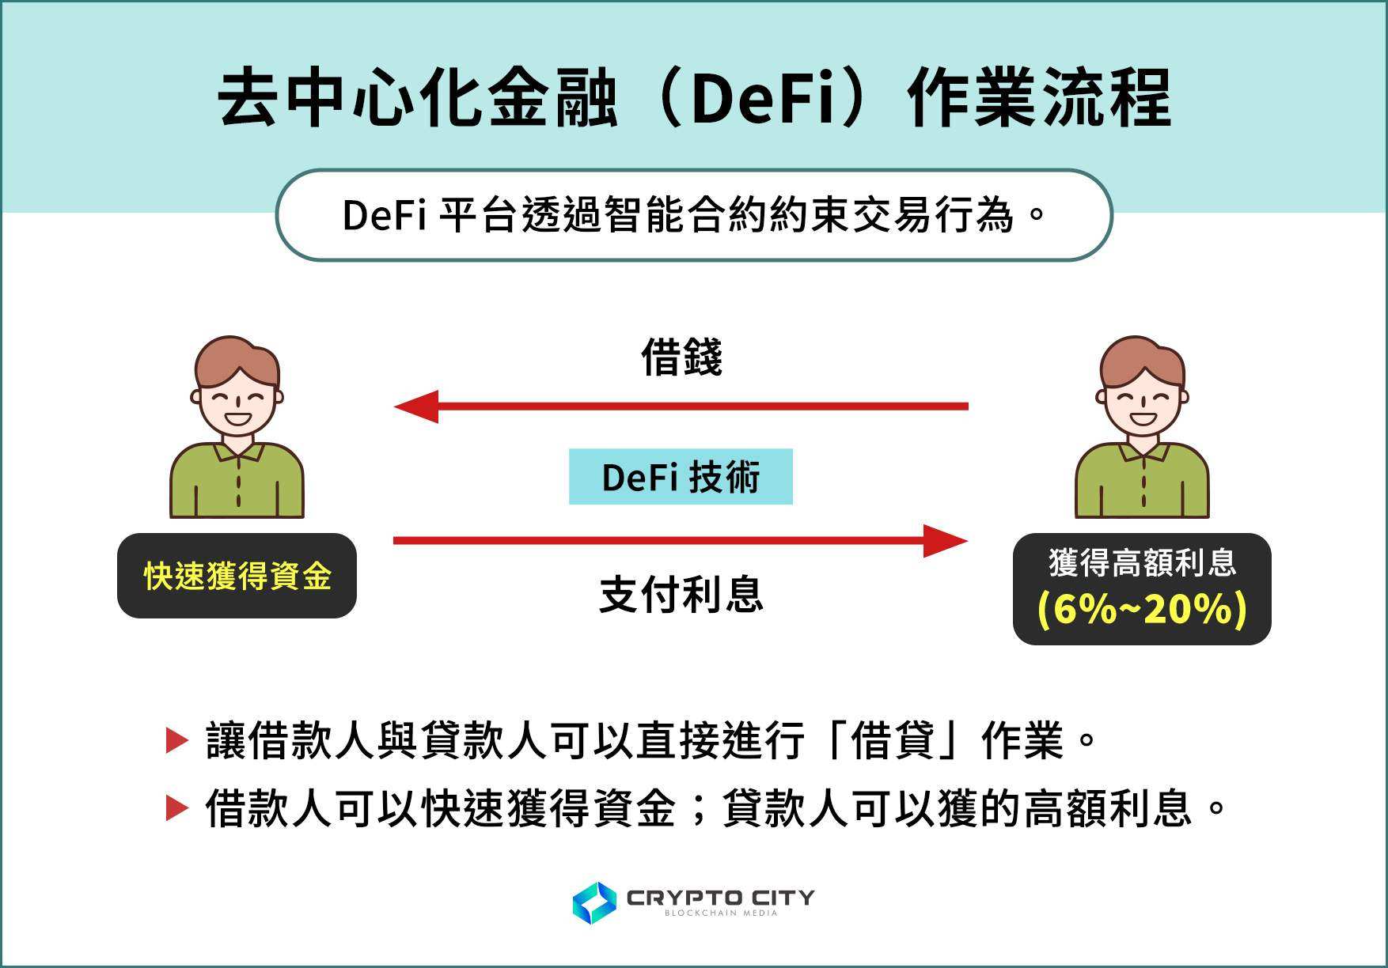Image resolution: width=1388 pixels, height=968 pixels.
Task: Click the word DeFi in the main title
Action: pyautogui.click(x=763, y=100)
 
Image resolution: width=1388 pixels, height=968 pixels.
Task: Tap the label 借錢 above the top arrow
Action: pyautogui.click(x=681, y=357)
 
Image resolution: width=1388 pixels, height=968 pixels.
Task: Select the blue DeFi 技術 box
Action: pyautogui.click(x=681, y=477)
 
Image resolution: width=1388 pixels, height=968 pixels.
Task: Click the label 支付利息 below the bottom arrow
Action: pyautogui.click(x=681, y=595)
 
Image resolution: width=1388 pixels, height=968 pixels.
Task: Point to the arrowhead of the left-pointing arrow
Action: pyautogui.click(x=416, y=406)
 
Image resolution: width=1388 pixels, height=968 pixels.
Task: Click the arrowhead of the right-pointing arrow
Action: pyautogui.click(x=946, y=541)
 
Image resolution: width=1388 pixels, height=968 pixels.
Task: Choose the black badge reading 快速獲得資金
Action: pyautogui.click(x=237, y=576)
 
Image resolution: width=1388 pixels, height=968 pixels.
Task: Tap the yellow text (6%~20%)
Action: pyautogui.click(x=1142, y=610)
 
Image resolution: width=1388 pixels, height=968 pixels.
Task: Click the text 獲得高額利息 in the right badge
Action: pyautogui.click(x=1142, y=563)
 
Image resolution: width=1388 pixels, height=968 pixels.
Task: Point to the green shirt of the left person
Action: pyautogui.click(x=237, y=482)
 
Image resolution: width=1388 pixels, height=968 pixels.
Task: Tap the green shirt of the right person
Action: pyautogui.click(x=1142, y=482)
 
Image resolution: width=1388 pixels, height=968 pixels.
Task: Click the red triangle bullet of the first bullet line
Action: pyautogui.click(x=176, y=741)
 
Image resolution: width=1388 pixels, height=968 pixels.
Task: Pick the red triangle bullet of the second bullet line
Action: pyautogui.click(x=176, y=808)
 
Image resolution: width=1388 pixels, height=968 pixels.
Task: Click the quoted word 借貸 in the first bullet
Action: pyautogui.click(x=893, y=741)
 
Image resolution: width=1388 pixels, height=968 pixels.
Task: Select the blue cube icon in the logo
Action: pyautogui.click(x=594, y=903)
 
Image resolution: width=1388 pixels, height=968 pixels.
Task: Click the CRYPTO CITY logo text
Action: pyautogui.click(x=720, y=898)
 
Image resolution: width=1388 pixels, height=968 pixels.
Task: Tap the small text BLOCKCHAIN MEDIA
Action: pyautogui.click(x=721, y=913)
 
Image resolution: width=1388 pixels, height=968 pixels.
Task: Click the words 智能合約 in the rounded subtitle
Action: pyautogui.click(x=687, y=215)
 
